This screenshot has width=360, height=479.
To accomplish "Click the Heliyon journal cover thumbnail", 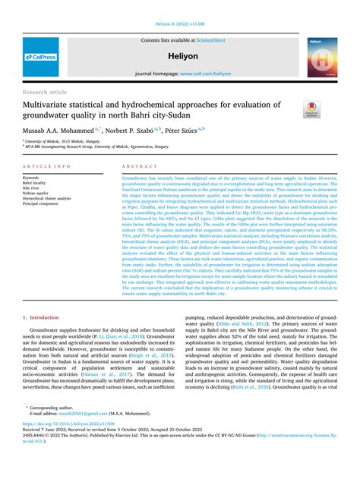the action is tap(323, 55).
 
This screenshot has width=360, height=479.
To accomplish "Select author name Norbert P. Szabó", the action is tap(144, 131).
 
